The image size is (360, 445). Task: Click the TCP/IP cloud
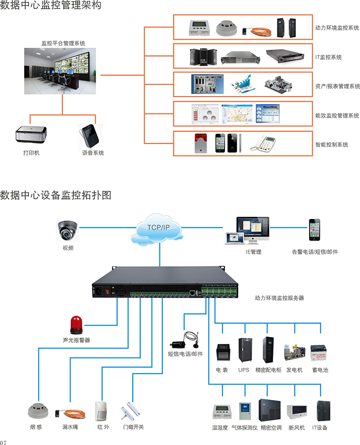(x=159, y=228)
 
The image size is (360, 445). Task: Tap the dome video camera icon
(x=68, y=230)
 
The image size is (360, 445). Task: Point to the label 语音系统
(x=93, y=153)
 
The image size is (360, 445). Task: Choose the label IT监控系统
(x=328, y=57)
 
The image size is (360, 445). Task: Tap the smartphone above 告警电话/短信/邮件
(x=314, y=230)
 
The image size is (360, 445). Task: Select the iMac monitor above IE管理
(x=253, y=228)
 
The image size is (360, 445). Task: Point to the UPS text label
(x=244, y=370)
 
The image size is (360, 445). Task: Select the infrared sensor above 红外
(x=101, y=410)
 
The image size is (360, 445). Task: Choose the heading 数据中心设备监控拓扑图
(x=56, y=195)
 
